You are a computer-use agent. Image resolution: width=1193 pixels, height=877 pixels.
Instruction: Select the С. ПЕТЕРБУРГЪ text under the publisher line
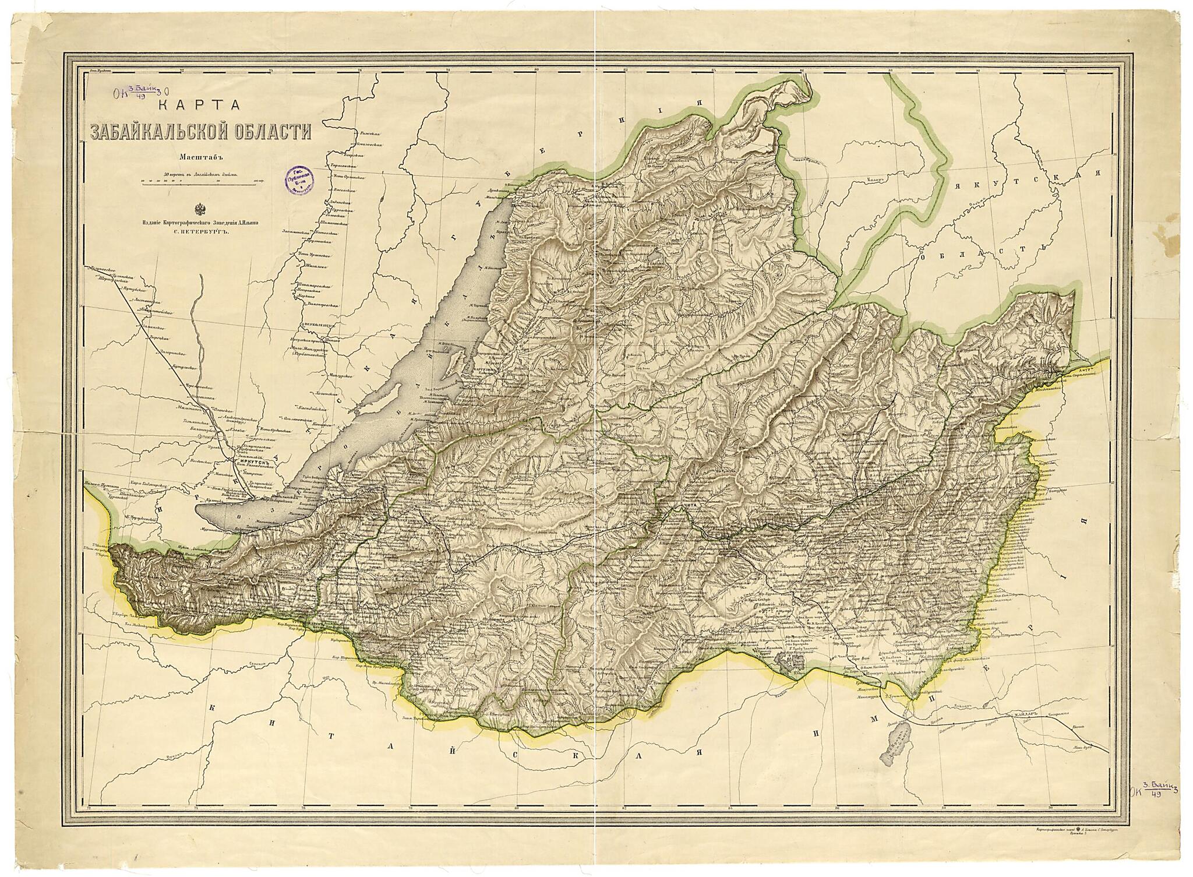click(200, 231)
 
